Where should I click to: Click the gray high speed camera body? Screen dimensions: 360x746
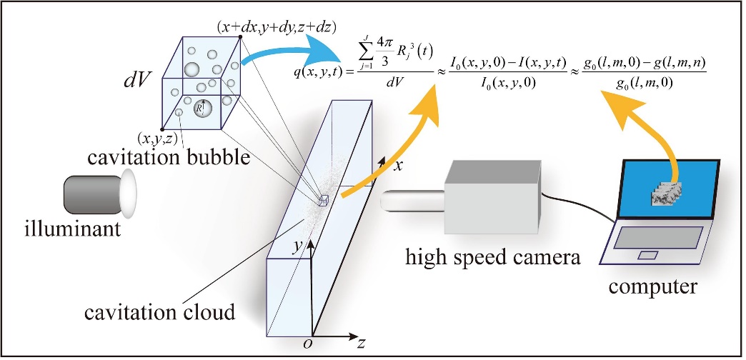487,198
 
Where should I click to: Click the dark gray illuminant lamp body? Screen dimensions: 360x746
91,194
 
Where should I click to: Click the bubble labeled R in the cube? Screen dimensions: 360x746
202,109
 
